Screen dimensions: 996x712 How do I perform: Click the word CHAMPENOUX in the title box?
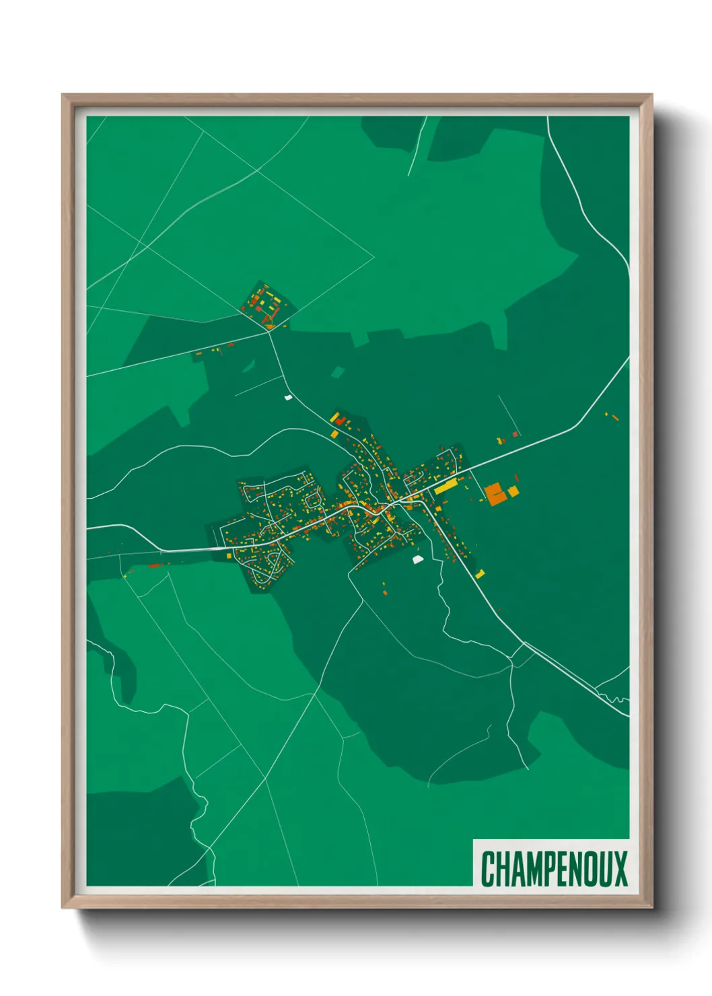[554, 868]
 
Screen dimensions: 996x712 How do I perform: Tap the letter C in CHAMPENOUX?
[487, 868]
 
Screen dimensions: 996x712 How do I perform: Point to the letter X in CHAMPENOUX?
[620, 868]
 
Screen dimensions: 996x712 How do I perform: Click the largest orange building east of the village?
[495, 493]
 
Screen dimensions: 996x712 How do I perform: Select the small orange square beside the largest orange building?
[513, 491]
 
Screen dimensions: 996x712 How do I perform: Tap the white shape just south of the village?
[417, 559]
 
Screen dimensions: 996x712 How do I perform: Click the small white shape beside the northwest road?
[288, 397]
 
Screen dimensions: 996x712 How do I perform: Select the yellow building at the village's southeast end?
[480, 574]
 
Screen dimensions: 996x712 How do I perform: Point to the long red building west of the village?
[155, 565]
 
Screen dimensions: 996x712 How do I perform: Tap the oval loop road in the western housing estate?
[314, 499]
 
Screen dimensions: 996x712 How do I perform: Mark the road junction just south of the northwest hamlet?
[270, 332]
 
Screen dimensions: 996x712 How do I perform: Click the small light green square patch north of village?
[338, 372]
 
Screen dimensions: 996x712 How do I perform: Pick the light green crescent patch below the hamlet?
[249, 367]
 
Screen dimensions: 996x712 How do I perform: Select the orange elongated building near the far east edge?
[614, 417]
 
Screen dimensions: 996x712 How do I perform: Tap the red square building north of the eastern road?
[515, 434]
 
